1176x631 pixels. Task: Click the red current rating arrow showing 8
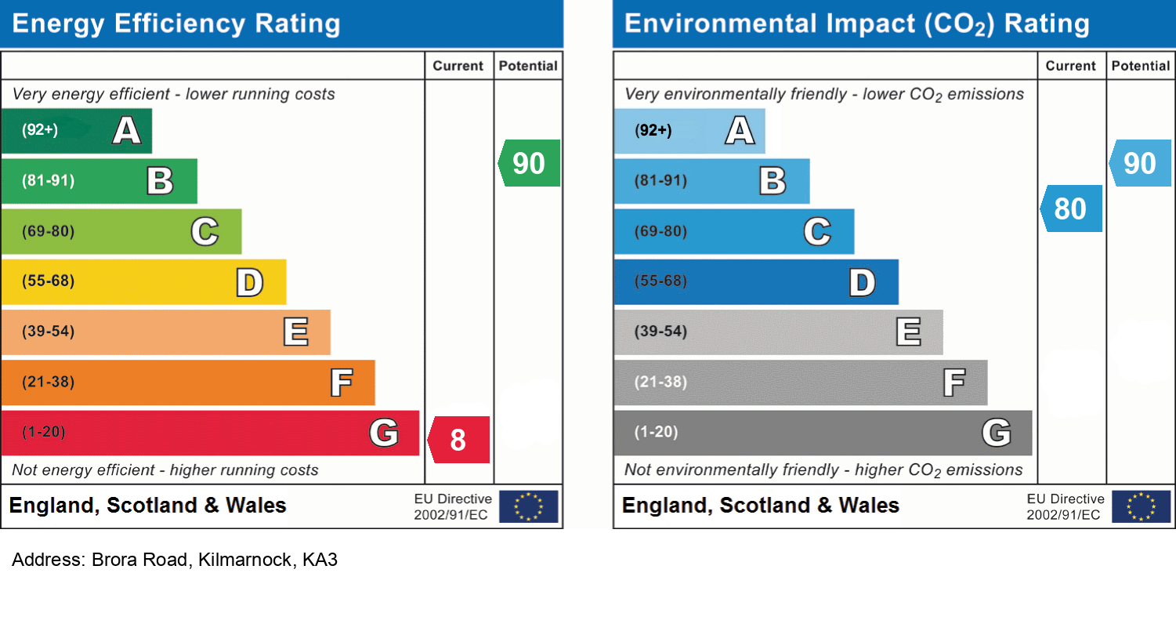(x=458, y=440)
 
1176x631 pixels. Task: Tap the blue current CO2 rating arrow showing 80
(x=1071, y=209)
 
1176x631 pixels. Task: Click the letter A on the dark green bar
(x=126, y=130)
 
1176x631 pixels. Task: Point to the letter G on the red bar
(x=384, y=433)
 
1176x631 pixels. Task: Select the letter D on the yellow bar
(x=249, y=282)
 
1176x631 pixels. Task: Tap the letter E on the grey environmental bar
(x=908, y=332)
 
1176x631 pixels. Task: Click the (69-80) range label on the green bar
(x=49, y=231)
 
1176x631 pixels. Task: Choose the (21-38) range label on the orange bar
(x=49, y=383)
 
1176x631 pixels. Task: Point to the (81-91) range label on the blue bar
(x=661, y=181)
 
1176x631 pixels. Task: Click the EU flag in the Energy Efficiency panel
(x=529, y=506)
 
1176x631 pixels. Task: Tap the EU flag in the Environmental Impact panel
(x=1141, y=506)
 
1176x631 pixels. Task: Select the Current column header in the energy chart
(x=458, y=67)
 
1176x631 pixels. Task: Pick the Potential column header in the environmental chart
(x=1141, y=67)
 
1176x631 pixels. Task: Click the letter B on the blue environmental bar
(x=773, y=181)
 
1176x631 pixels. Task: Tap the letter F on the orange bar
(x=341, y=383)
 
